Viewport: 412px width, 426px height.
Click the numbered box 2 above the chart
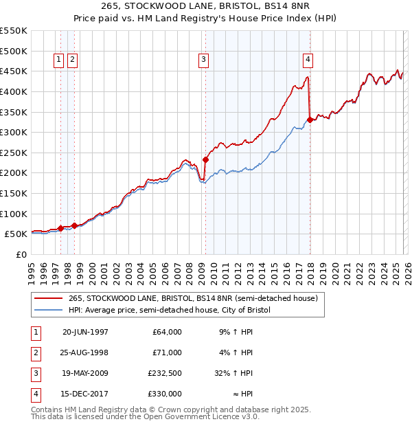[72, 60]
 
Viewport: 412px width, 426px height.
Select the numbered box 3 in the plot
[204, 60]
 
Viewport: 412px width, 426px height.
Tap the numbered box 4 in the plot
[308, 60]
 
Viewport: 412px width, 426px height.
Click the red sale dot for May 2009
[205, 159]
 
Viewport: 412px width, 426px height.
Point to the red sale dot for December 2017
[310, 120]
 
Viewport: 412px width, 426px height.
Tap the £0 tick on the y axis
[21, 254]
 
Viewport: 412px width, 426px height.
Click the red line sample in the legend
[48, 299]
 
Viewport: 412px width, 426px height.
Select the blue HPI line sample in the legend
[48, 311]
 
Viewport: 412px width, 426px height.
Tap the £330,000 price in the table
[165, 394]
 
